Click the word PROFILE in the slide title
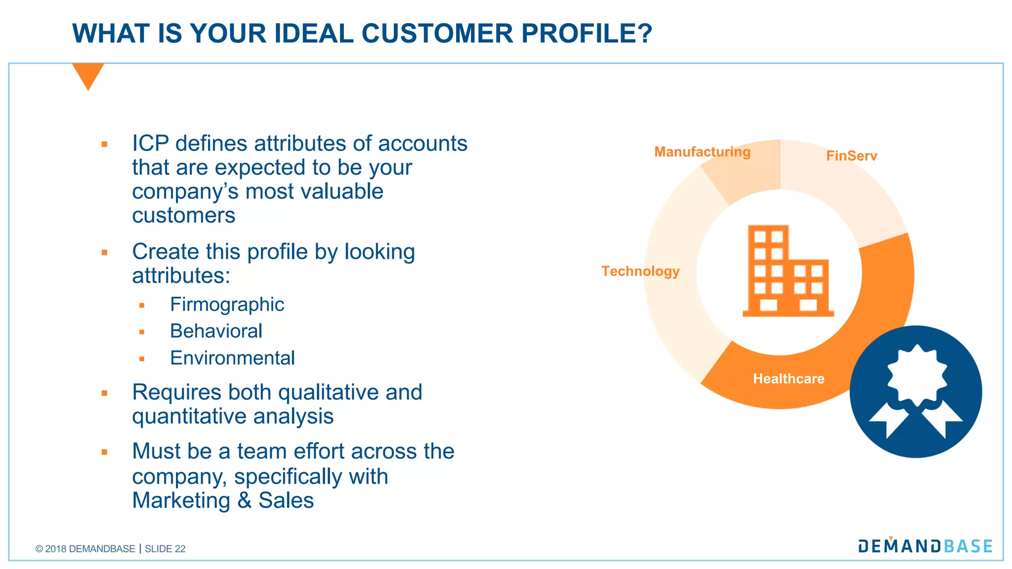pos(587,34)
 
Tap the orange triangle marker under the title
pos(88,75)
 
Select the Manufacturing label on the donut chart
pos(702,152)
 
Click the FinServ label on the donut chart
pos(851,156)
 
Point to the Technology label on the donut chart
pos(640,271)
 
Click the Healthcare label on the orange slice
pos(789,379)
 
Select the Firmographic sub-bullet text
pos(227,304)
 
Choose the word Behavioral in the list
pos(216,331)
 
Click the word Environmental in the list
pos(232,358)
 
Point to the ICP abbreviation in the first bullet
pos(150,144)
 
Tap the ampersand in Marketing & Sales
pos(244,500)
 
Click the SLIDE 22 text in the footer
pos(165,549)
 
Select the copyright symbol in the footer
pos(39,549)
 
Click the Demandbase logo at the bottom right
pos(925,546)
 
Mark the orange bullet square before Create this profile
pos(104,252)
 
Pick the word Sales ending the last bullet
pos(286,500)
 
